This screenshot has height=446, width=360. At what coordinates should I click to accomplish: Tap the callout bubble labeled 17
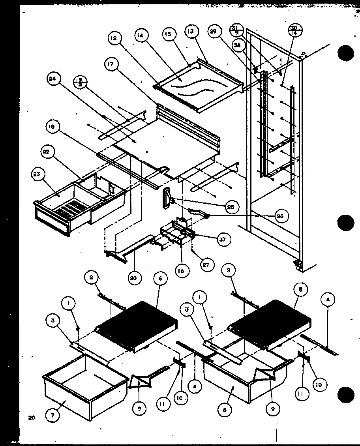click(111, 64)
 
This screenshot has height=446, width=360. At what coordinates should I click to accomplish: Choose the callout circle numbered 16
click(182, 271)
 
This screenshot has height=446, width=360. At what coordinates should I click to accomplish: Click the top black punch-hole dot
click(346, 54)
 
